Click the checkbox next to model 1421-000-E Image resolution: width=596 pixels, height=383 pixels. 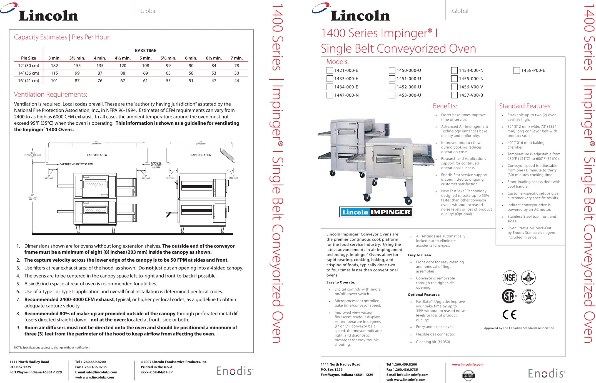click(330, 70)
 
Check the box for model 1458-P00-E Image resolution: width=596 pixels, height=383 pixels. click(517, 70)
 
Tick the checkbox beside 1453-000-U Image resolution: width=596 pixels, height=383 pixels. click(392, 95)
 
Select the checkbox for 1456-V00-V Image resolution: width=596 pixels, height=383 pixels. click(454, 87)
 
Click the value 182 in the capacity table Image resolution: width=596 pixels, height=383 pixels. click(54, 66)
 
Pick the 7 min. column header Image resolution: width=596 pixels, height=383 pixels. click(236, 58)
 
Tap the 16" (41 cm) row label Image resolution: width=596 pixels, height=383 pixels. click(29, 81)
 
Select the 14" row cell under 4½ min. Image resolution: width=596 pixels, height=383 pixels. click(123, 73)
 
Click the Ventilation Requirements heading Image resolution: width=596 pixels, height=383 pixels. click(51, 95)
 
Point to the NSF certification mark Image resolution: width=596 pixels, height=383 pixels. click(510, 278)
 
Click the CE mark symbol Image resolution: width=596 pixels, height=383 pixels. click(509, 315)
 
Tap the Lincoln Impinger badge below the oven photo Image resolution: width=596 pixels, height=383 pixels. click(376, 212)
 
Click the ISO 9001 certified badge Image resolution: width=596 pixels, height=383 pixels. click(468, 375)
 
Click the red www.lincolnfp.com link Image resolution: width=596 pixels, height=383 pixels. click(468, 364)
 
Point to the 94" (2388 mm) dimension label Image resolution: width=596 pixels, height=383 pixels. click(97, 143)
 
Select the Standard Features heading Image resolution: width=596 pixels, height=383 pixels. click(525, 106)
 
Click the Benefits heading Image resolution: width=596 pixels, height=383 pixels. click(445, 106)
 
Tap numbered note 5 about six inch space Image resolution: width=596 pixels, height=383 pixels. click(91, 284)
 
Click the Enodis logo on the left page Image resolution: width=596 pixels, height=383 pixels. click(235, 371)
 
